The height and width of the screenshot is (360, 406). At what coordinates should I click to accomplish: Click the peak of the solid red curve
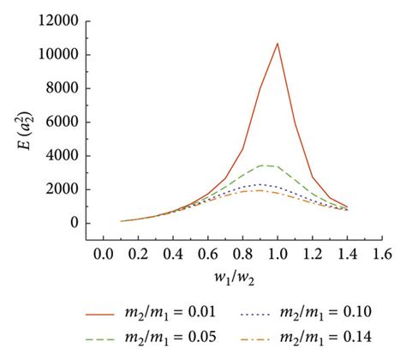click(278, 43)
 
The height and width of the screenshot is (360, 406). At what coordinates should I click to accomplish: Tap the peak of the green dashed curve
click(264, 165)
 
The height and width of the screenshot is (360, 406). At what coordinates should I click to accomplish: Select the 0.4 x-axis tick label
click(171, 254)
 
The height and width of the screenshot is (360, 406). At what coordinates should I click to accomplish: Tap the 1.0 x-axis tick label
click(278, 254)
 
